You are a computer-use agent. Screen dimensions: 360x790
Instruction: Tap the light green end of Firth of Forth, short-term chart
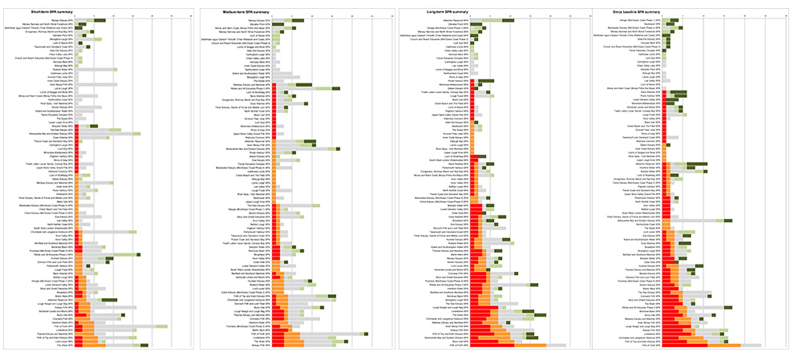pos(161,326)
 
